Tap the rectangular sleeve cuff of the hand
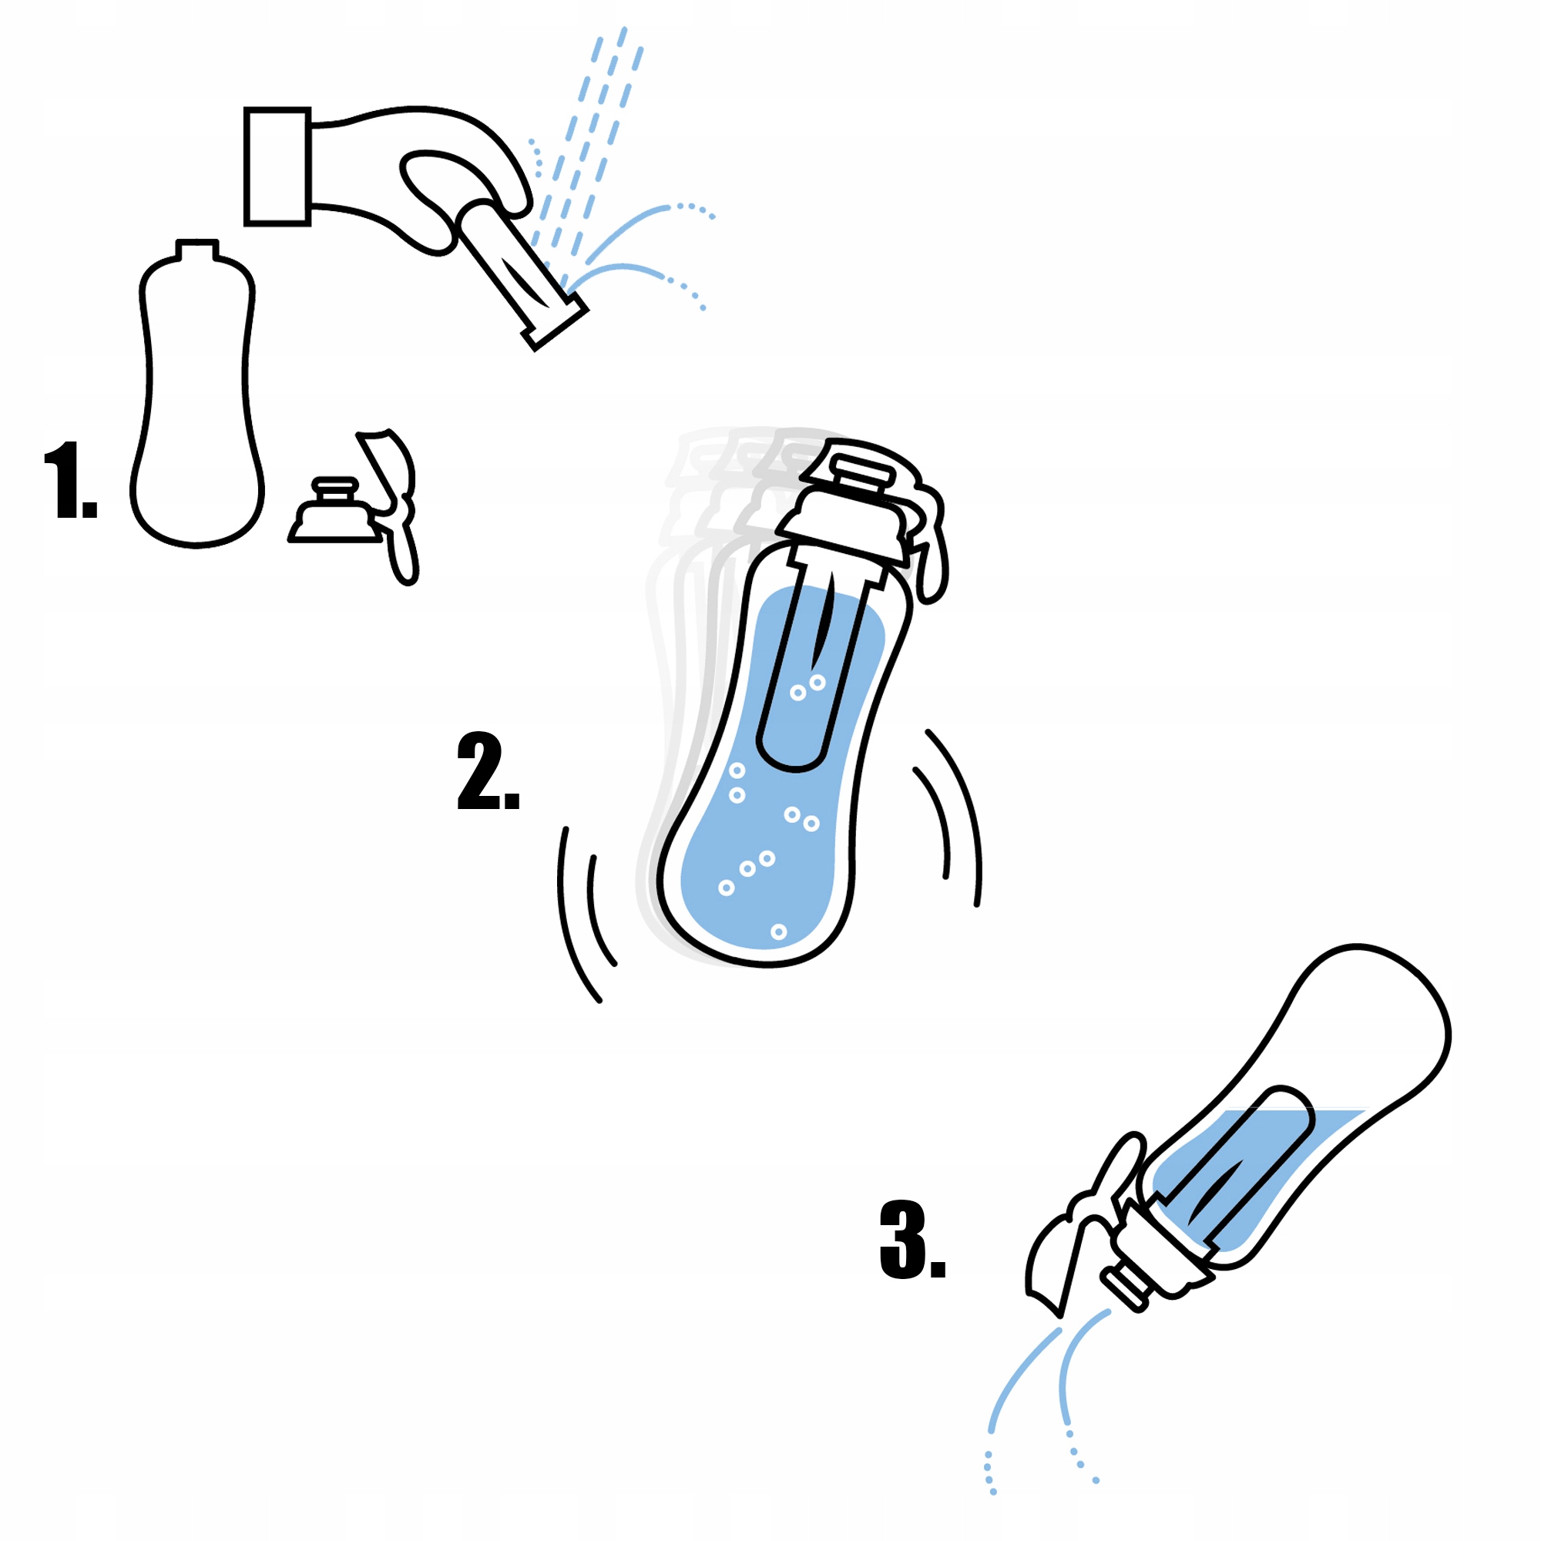pyautogui.click(x=277, y=166)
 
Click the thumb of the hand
pyautogui.click(x=435, y=200)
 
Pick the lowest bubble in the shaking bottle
pyautogui.click(x=779, y=932)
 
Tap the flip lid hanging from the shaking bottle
pyautogui.click(x=929, y=542)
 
